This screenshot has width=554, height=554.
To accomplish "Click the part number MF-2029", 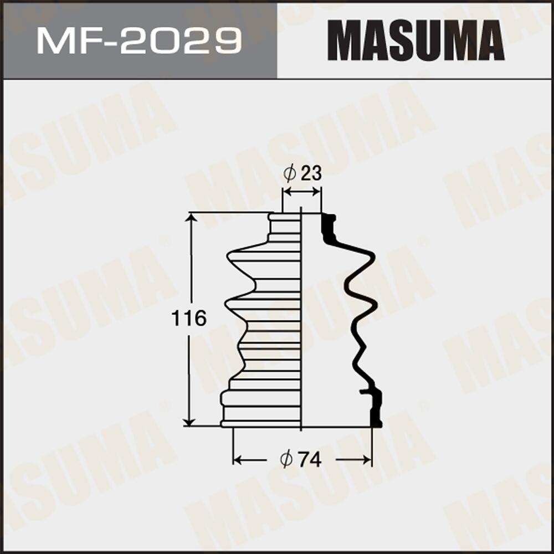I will pyautogui.click(x=138, y=40).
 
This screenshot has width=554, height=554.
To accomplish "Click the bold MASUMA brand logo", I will pyautogui.click(x=416, y=40).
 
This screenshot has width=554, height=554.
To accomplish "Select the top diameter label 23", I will pyautogui.click(x=311, y=173).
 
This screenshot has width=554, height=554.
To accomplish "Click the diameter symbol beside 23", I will pyautogui.click(x=290, y=174).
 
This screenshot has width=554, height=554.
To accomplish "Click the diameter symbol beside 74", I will pyautogui.click(x=286, y=460).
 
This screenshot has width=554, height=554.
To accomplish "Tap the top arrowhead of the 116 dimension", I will pyautogui.click(x=191, y=218).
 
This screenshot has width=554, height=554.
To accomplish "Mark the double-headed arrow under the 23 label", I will pyautogui.click(x=301, y=192).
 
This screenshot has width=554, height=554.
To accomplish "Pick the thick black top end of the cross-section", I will pyautogui.click(x=329, y=227).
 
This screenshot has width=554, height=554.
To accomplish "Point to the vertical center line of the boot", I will pyautogui.click(x=301, y=321).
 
